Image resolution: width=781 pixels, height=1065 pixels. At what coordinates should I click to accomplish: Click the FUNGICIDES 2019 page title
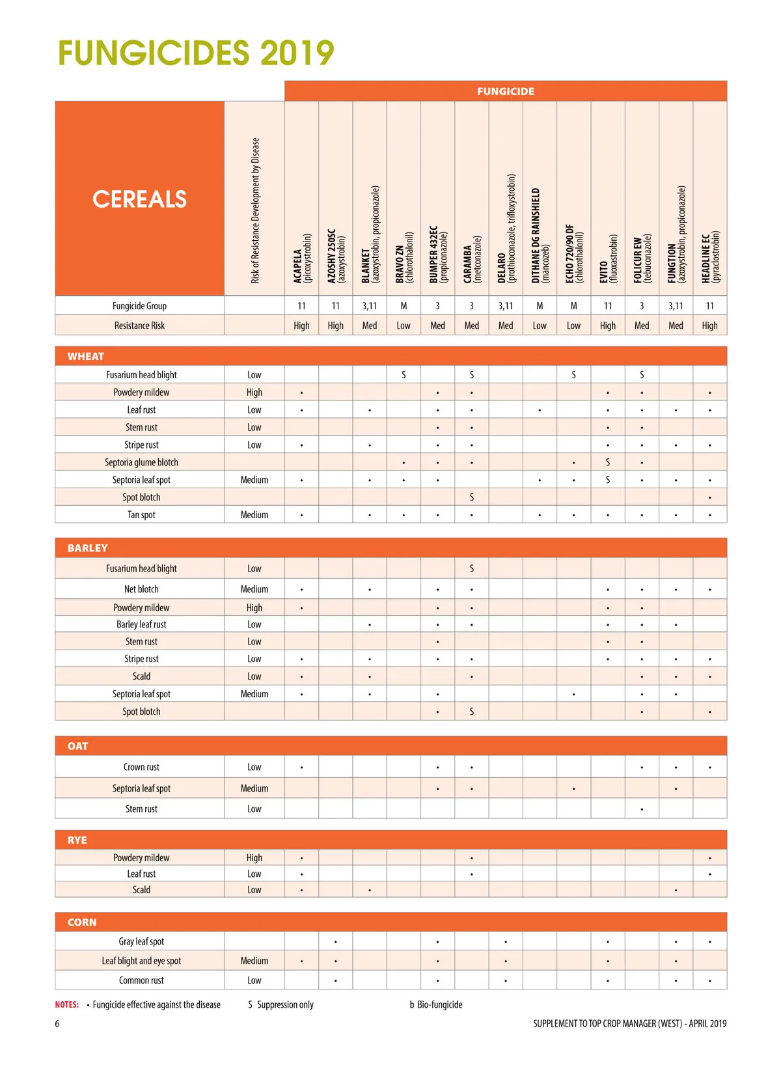tap(196, 53)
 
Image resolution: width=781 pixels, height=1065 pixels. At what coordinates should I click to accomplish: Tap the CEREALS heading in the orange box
tap(139, 199)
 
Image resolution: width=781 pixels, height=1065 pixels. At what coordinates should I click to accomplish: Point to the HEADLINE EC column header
tap(710, 258)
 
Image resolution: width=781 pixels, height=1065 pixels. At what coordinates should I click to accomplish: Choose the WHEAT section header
tap(86, 356)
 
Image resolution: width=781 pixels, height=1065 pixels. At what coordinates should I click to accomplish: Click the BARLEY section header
tap(87, 548)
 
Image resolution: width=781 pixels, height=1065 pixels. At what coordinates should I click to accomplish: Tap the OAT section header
tap(77, 746)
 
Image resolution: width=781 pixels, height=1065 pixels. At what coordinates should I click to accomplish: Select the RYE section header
tap(77, 840)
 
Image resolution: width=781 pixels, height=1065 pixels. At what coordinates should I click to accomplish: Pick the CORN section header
tap(81, 922)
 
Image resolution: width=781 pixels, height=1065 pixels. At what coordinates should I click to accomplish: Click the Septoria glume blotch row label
tap(141, 462)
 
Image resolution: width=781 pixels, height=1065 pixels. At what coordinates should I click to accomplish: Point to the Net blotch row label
tap(141, 589)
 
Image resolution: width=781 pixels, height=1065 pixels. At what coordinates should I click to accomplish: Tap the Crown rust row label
tap(141, 767)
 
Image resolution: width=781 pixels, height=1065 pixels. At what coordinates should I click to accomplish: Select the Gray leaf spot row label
tap(141, 941)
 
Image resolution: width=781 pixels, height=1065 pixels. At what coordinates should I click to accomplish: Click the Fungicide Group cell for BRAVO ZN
tap(404, 306)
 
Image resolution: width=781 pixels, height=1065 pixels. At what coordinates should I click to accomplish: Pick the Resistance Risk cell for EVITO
tap(608, 325)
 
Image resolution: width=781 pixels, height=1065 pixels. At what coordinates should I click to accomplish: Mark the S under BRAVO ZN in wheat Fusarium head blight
tap(404, 375)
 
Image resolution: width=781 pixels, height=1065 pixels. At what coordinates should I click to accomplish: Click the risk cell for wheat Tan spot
tap(254, 515)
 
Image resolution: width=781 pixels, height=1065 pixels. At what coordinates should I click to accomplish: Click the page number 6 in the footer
tap(57, 1023)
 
